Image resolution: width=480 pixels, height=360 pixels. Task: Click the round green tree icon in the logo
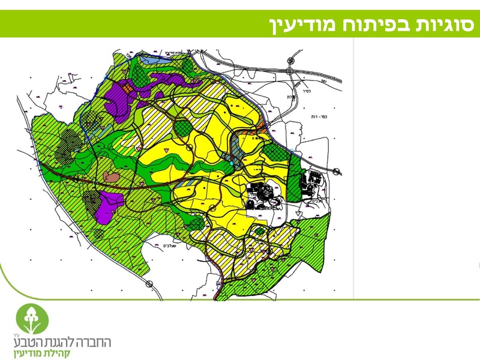(x=29, y=317)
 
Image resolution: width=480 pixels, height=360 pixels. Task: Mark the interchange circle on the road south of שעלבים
(x=151, y=283)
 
